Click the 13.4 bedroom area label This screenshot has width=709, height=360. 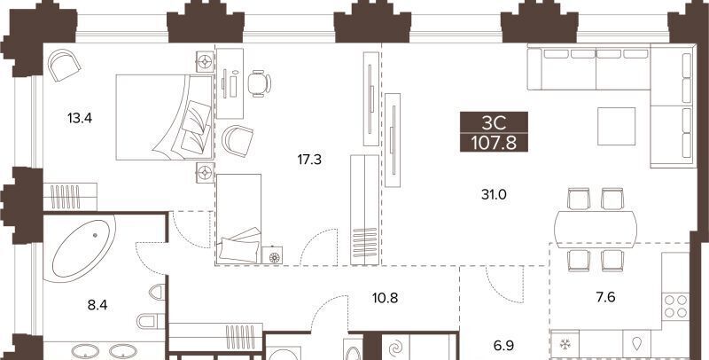click(80, 119)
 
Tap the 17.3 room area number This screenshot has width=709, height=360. click(309, 160)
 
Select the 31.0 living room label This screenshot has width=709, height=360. click(494, 195)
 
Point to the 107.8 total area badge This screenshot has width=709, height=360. click(494, 144)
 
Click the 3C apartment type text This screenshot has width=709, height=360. click(494, 123)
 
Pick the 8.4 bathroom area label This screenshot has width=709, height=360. click(97, 305)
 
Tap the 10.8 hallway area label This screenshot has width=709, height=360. click(386, 299)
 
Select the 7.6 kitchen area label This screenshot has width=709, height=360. click(605, 298)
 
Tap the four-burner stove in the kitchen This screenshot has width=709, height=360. click(675, 307)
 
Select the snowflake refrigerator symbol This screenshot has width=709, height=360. click(565, 345)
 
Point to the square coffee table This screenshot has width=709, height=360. click(616, 126)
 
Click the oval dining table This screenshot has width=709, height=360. click(596, 223)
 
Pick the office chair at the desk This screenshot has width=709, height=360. click(259, 83)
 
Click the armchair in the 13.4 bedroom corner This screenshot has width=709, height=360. click(64, 65)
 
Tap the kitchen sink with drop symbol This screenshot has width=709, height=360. click(637, 345)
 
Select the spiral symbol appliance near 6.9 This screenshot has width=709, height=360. click(396, 348)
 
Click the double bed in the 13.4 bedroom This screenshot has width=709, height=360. click(164, 118)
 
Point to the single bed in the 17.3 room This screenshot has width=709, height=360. click(238, 219)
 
